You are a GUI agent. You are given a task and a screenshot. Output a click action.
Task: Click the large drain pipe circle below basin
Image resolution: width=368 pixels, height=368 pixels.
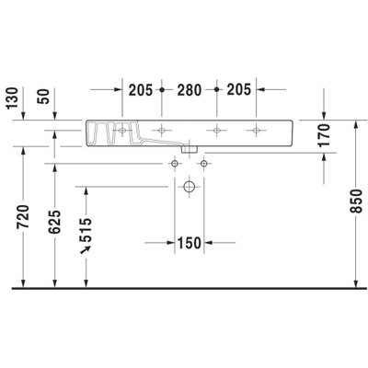189,187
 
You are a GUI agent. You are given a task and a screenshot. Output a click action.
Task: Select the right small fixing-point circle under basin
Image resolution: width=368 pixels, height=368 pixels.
203,163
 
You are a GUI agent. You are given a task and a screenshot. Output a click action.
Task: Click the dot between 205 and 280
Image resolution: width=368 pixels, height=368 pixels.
162,90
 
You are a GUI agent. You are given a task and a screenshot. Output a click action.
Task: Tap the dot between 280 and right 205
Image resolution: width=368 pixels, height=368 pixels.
215,90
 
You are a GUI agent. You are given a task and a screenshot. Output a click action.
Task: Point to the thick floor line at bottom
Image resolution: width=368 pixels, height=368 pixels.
184,287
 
